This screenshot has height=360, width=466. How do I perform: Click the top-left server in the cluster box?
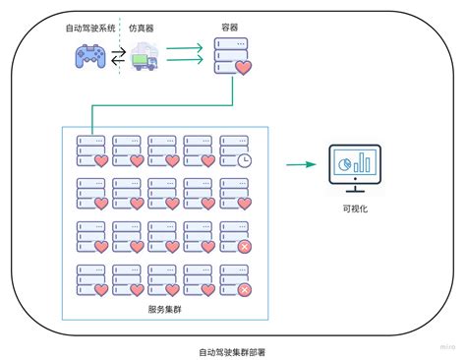coord(91,150)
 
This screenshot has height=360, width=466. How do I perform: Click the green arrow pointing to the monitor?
coord(296,165)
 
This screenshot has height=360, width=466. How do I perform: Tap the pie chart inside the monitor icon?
coord(345,163)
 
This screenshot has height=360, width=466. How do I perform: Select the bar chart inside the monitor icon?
coord(365,161)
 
